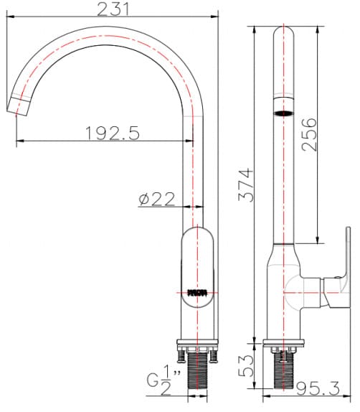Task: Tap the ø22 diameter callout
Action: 157,200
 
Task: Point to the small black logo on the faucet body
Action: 196,292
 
